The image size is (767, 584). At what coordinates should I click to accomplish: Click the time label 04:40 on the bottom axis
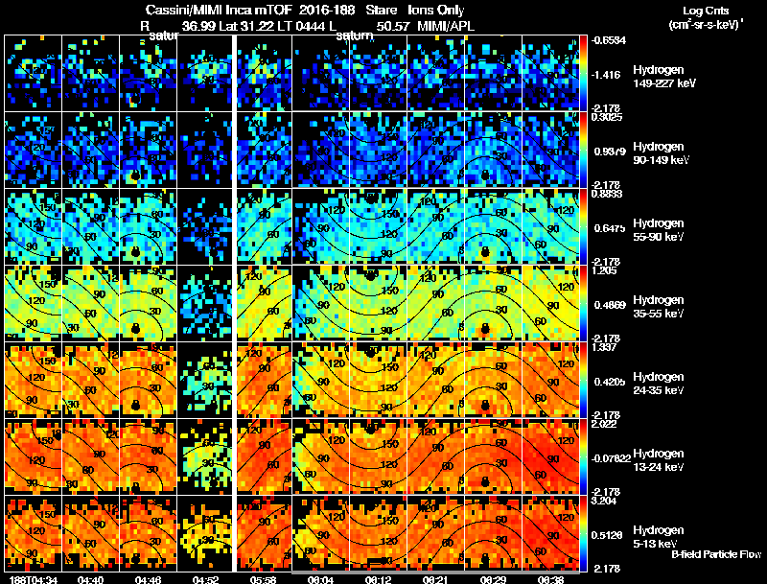pos(90,579)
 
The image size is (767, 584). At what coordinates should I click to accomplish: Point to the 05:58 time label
pos(263,579)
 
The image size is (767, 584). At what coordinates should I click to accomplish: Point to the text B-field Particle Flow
pos(716,554)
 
